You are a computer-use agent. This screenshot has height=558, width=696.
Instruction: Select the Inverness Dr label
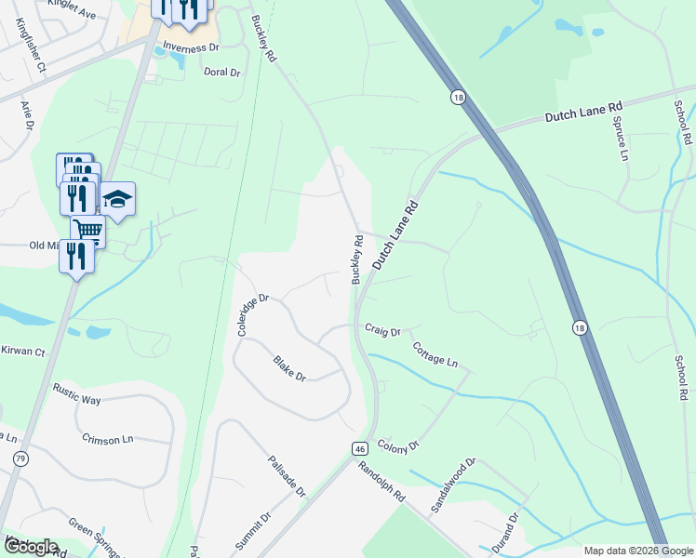pos(190,46)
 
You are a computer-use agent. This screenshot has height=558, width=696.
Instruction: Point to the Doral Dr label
pos(221,71)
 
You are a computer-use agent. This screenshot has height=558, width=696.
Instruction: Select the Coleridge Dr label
pos(252,315)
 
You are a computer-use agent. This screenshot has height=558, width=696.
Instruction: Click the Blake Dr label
pos(289,368)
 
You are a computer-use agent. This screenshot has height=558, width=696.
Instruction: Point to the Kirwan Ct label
pos(22,352)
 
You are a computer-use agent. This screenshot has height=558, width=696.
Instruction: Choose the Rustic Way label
pos(76,393)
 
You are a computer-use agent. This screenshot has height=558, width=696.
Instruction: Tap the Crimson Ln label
pos(108,438)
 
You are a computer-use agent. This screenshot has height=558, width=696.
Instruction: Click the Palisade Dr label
pos(287,477)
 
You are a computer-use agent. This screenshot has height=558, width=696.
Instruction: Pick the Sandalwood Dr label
pos(453,486)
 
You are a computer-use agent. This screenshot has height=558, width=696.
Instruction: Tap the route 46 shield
pos(359,448)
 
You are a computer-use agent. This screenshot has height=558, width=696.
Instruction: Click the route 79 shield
pos(20,458)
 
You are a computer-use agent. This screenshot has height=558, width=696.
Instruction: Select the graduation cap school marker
pos(117,199)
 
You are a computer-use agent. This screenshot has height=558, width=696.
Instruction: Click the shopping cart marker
pos(87,229)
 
